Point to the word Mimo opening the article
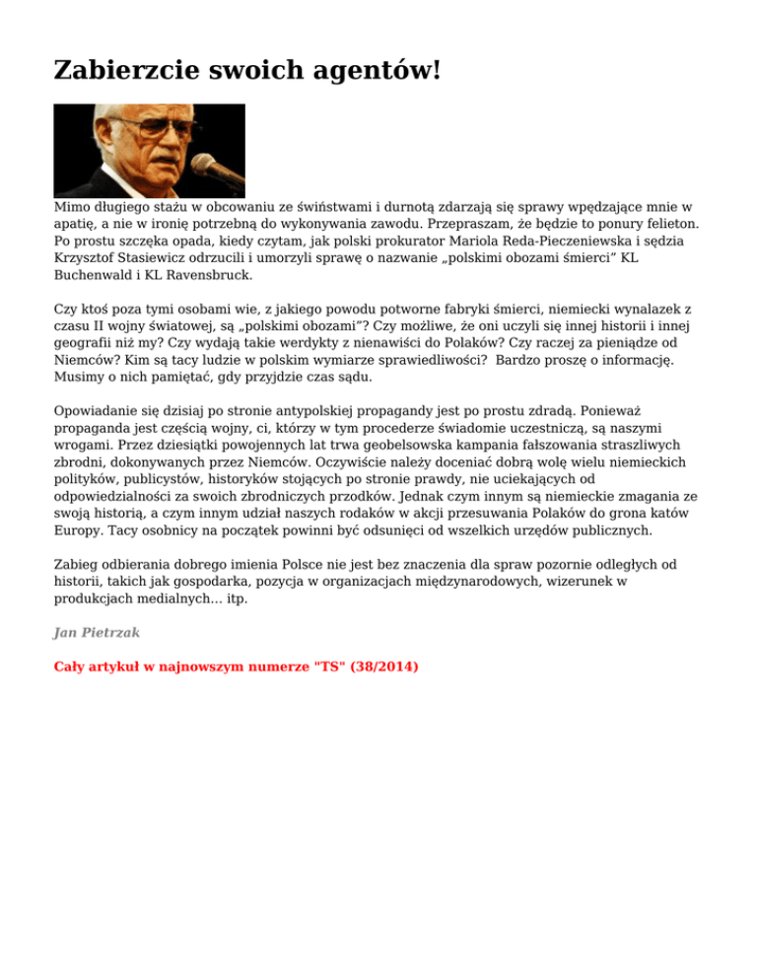[x=72, y=208]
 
